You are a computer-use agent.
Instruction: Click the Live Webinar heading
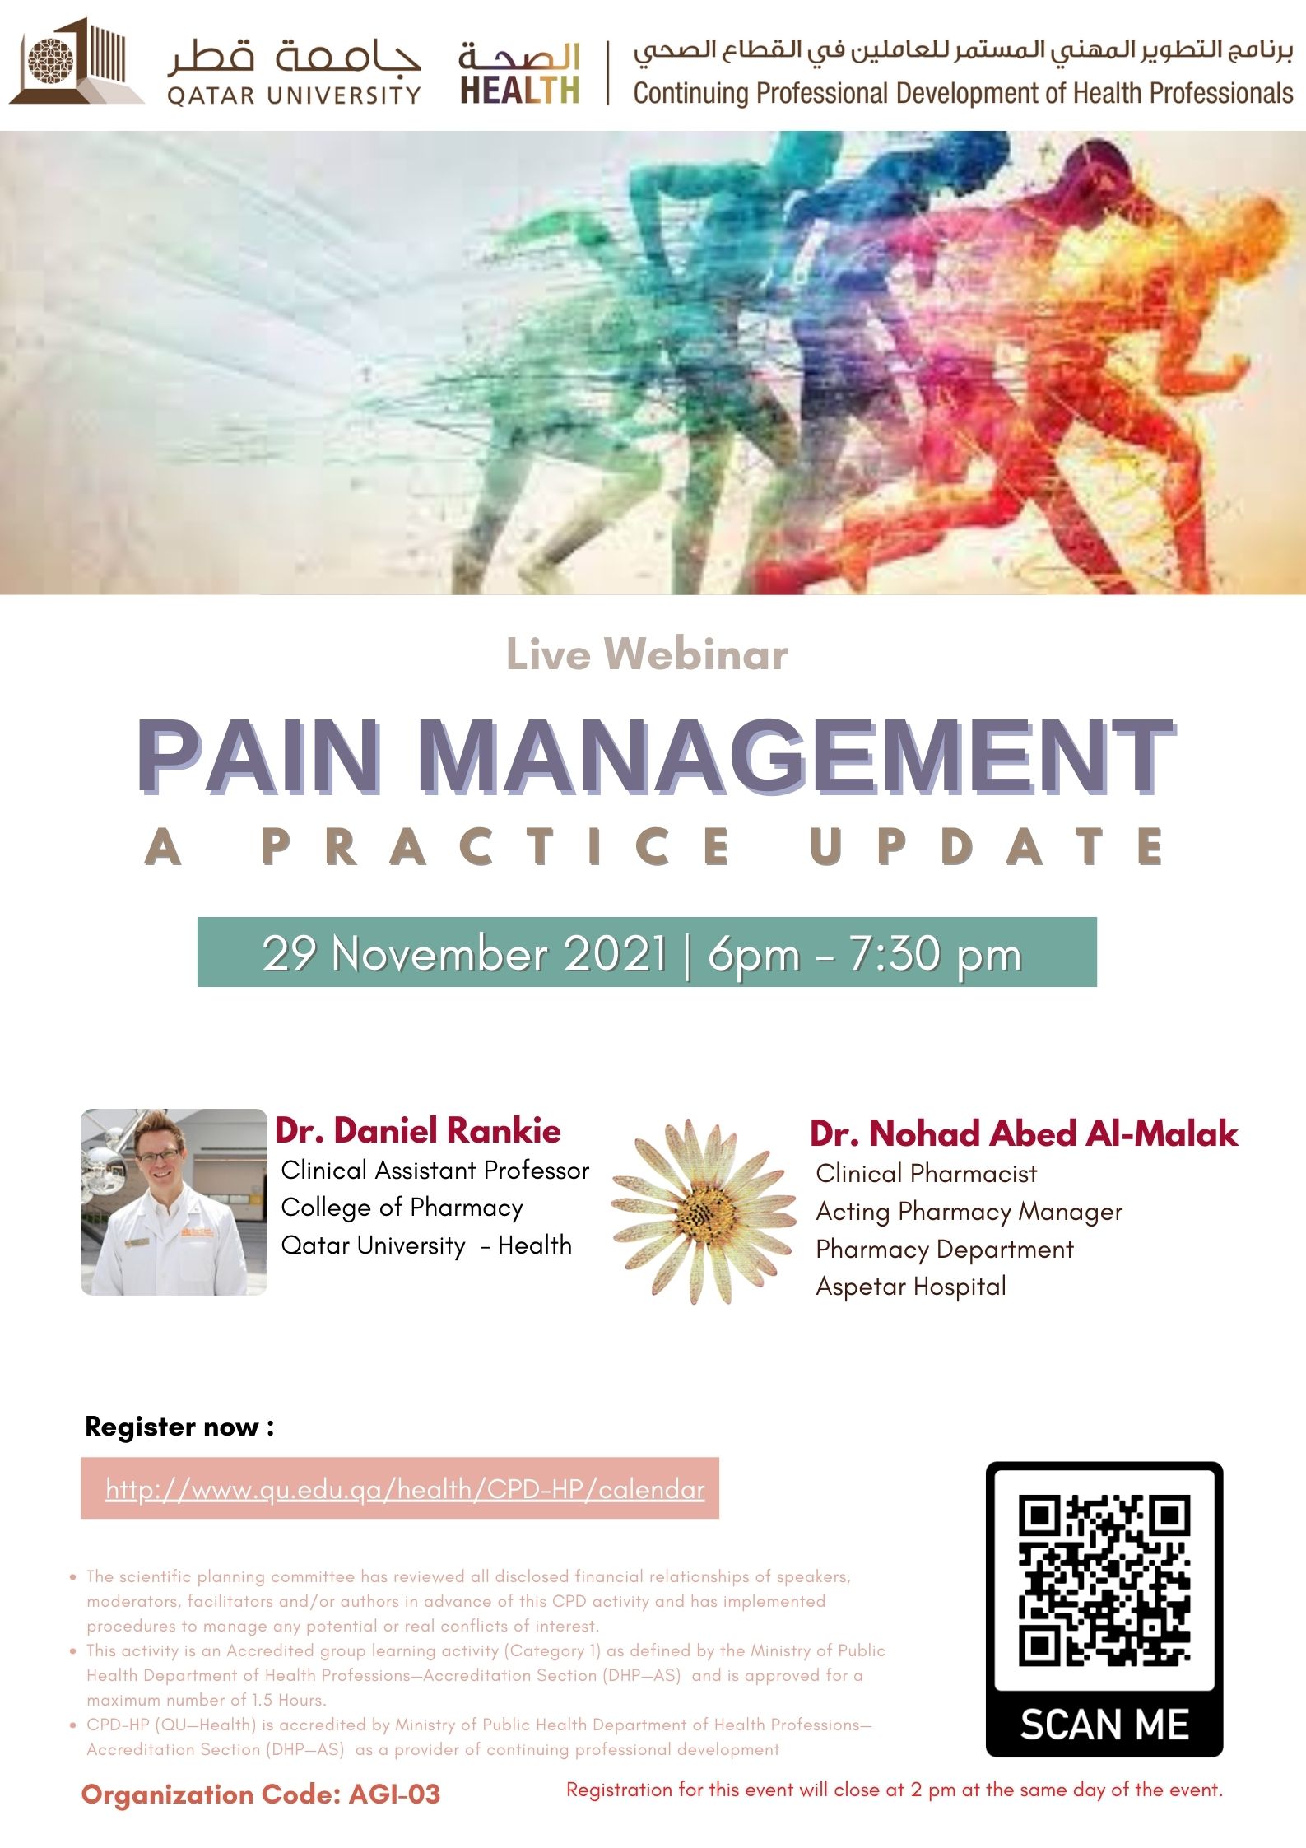point(647,654)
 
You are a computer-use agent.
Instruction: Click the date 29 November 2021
point(465,953)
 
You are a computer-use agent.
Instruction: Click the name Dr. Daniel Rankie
point(418,1130)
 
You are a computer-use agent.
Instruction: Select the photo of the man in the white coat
point(174,1201)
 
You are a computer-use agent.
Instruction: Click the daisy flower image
point(704,1210)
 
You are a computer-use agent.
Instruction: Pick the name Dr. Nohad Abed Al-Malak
point(1023,1133)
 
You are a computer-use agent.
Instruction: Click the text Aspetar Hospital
point(910,1286)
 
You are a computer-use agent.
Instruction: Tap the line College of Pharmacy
point(402,1207)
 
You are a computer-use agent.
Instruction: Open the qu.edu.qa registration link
point(405,1489)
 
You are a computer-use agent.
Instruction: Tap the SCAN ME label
point(1104,1725)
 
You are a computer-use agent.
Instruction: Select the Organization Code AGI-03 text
point(261,1794)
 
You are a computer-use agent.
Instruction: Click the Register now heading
point(179,1426)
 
